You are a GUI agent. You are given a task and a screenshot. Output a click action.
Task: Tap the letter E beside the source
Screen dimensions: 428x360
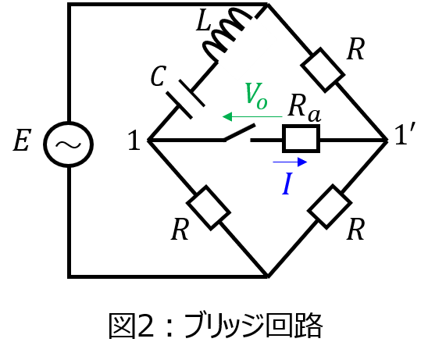pos(22,141)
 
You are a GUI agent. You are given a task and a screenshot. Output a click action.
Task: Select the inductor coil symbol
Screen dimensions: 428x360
pos(226,34)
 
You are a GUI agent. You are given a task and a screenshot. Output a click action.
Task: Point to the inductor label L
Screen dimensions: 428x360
pos(203,20)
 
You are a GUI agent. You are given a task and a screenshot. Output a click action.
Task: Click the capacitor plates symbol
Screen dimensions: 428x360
pos(186,99)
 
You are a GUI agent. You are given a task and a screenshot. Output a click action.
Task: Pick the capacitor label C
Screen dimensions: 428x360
pos(159,76)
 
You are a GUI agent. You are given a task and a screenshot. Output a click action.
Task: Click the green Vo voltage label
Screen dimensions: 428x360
pos(256,96)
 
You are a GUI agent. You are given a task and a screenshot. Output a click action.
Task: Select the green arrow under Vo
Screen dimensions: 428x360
pos(252,116)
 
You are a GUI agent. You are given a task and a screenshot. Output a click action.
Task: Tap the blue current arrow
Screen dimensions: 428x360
pos(290,162)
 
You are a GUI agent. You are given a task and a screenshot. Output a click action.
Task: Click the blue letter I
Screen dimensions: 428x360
pos(287,184)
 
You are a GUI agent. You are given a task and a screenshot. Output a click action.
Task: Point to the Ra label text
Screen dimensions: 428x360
pos(305,109)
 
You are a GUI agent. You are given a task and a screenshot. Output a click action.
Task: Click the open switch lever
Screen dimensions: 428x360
pos(240,133)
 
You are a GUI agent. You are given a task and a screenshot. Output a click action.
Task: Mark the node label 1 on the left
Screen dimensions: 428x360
pos(134,140)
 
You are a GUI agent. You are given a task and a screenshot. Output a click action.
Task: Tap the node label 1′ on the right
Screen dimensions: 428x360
pos(405,134)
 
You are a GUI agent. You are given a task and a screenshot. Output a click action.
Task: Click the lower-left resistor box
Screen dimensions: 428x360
pos(209,208)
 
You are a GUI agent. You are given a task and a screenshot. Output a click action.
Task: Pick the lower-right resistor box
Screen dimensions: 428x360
pos(330,207)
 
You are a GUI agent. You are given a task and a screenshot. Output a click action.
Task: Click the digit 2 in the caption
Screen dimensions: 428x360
pos(146,326)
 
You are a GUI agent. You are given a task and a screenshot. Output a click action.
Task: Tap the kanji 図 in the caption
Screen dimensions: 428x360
pos(122,326)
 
